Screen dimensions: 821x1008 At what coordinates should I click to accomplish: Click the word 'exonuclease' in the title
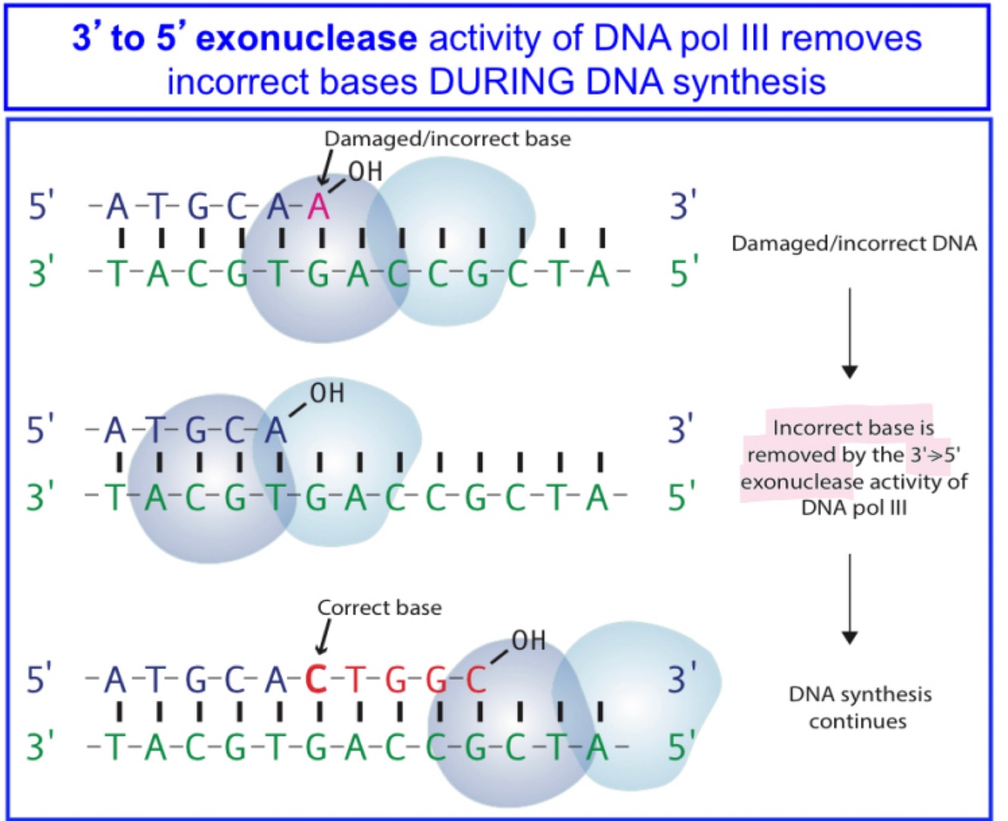click(x=306, y=38)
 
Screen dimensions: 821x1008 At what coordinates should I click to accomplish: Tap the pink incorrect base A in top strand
click(x=319, y=206)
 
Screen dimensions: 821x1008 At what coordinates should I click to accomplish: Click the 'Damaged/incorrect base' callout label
click(x=447, y=139)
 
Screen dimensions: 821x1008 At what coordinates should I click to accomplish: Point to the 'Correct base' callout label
click(x=379, y=608)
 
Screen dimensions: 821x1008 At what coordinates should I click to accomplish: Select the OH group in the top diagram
click(x=366, y=172)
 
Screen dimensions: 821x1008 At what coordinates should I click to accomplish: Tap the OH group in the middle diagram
click(x=327, y=393)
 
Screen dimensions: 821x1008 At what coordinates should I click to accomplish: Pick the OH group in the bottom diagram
click(x=528, y=641)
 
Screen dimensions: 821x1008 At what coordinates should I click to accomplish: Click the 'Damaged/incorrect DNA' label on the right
click(x=854, y=243)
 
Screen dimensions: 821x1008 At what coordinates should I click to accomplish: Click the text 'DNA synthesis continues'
click(x=859, y=708)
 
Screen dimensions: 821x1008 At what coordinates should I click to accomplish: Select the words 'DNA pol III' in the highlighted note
click(x=854, y=508)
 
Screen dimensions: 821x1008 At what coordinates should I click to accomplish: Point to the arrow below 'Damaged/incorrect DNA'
click(x=849, y=333)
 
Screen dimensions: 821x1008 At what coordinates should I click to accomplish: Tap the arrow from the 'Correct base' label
click(x=324, y=637)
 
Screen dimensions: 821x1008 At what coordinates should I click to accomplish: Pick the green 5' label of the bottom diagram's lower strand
click(x=682, y=747)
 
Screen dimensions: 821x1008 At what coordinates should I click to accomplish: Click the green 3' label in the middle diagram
click(x=40, y=497)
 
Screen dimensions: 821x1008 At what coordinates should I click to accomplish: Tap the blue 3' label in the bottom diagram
click(x=682, y=678)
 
